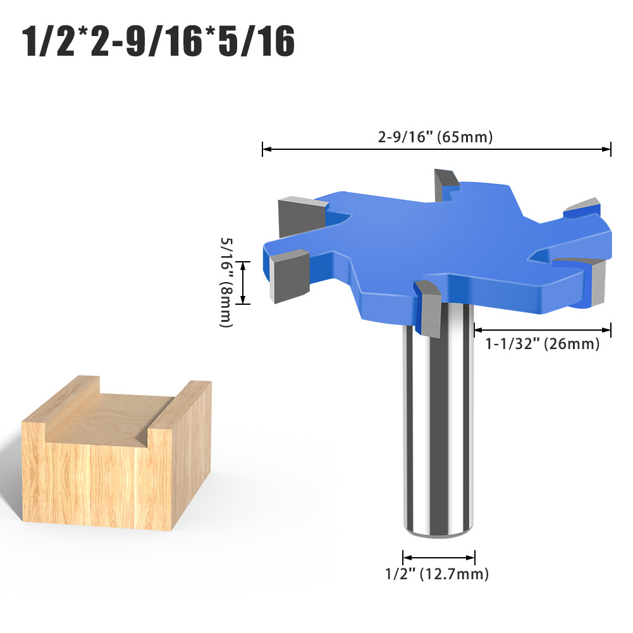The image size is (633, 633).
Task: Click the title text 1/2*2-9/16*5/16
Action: [159, 42]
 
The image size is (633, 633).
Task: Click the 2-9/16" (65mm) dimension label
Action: [436, 137]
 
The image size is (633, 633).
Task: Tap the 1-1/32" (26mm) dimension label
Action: [542, 345]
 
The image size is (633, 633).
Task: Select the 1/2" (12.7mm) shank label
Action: [437, 574]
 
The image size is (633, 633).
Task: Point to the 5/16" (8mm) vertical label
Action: [226, 282]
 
